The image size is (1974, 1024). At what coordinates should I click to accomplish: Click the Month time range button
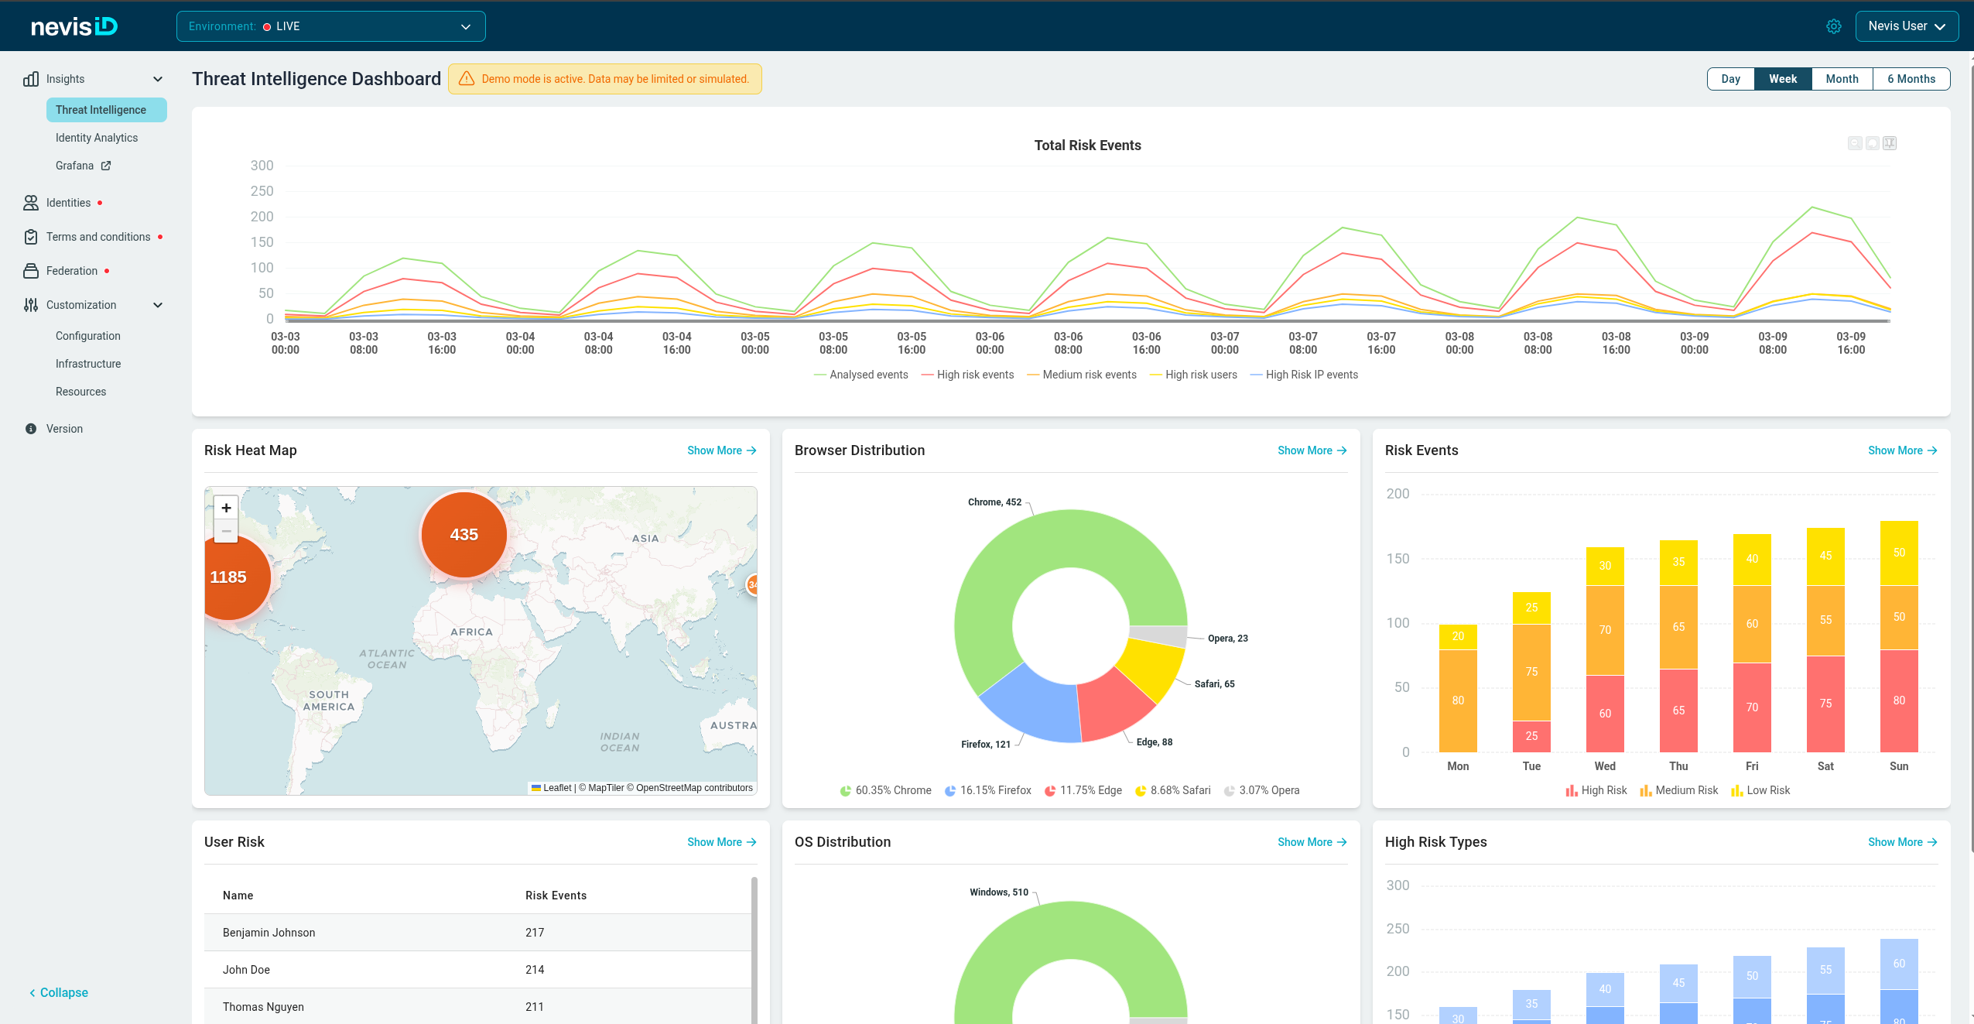coord(1842,79)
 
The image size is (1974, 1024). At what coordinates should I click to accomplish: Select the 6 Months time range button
coord(1911,79)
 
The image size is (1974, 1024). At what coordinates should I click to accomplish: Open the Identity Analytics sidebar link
coord(97,138)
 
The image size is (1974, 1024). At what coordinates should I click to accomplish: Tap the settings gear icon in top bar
coord(1833,26)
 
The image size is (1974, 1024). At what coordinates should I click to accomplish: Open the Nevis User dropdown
coord(1907,26)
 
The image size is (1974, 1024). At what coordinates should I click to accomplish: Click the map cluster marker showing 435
coord(464,535)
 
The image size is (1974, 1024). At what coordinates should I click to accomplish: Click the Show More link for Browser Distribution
coord(1312,450)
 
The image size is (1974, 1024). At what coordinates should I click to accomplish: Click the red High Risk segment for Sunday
coord(1899,700)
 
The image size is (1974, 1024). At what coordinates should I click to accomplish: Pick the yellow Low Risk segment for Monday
coord(1458,637)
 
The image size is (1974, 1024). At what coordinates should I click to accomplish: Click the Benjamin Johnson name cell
coord(269,933)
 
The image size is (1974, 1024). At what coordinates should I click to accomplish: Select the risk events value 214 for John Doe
coord(535,970)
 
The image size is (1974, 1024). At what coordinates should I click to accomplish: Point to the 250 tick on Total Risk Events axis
coord(262,191)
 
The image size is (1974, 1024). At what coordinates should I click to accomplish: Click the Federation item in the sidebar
coord(72,271)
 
